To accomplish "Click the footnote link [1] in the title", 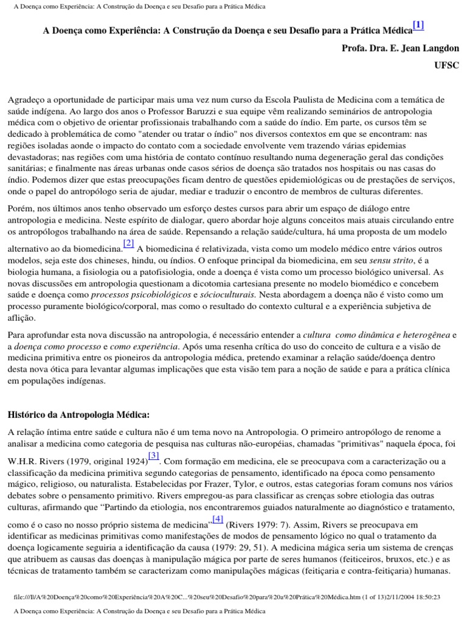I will coord(418,26).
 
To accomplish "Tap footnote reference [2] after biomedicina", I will coord(128,243).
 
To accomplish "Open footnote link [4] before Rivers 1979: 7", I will coord(217,519).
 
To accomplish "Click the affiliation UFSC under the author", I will coord(447,65).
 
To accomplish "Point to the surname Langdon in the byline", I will coord(439,49).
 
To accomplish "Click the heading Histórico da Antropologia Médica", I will coord(78,415).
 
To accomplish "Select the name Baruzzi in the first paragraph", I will coord(215,111).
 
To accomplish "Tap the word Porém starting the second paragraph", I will coord(19,208).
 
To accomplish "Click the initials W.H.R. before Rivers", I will coord(22,461).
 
